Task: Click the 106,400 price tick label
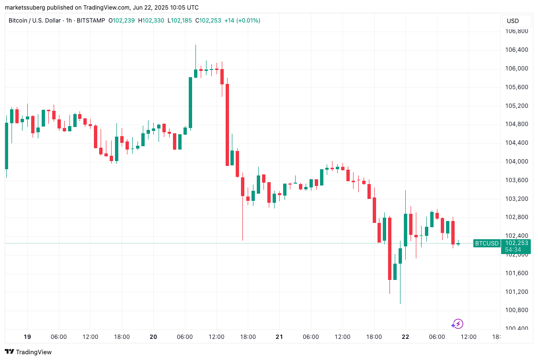click(x=516, y=50)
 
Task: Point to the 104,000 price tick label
click(x=516, y=162)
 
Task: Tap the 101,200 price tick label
click(x=516, y=291)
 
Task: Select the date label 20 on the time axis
click(x=153, y=337)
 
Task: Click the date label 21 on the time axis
click(x=279, y=337)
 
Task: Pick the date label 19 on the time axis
click(x=27, y=337)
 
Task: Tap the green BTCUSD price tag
click(x=486, y=244)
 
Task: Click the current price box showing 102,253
click(x=516, y=243)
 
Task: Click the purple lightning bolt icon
click(x=458, y=324)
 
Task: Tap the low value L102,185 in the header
click(x=182, y=21)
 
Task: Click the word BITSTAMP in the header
click(x=90, y=21)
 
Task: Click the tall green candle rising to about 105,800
click(x=190, y=103)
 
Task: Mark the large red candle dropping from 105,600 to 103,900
click(x=227, y=125)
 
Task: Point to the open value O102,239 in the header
click(x=121, y=21)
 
